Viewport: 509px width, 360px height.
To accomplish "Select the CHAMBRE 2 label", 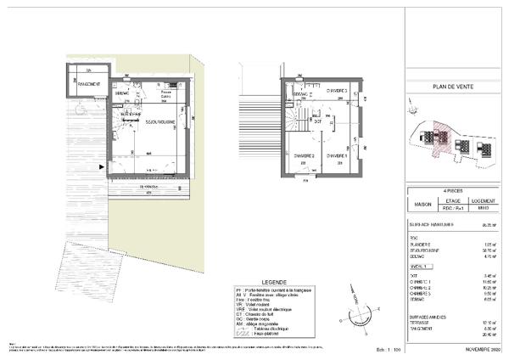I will [x=305, y=156].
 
